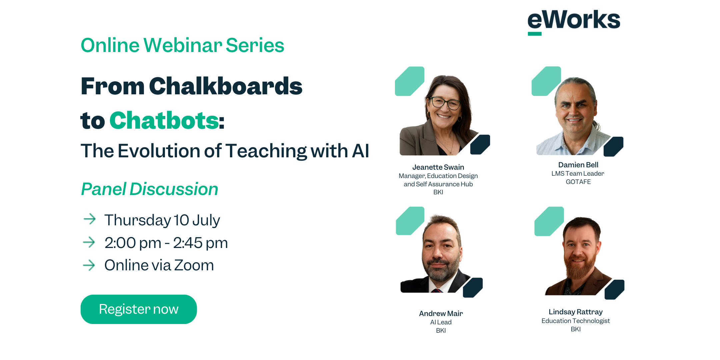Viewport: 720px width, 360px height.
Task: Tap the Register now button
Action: [x=139, y=309]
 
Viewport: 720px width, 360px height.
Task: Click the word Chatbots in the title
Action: [x=164, y=120]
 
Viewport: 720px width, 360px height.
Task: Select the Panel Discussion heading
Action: [x=150, y=189]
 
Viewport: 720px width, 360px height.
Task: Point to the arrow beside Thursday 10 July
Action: [x=89, y=219]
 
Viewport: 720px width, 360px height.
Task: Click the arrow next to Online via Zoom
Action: [x=89, y=265]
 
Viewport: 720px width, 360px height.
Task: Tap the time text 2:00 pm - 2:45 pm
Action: [x=166, y=243]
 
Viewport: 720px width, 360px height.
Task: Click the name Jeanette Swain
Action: [x=438, y=167]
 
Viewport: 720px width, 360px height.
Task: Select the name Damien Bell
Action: [x=578, y=165]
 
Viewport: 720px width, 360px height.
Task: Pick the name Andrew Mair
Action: [x=441, y=313]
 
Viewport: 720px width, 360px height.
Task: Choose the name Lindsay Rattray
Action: [x=576, y=312]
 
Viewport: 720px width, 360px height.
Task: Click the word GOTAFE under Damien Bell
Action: [x=578, y=182]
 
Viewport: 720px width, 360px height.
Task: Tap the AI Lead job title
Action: [x=441, y=322]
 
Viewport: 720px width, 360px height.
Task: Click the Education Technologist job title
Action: [x=576, y=321]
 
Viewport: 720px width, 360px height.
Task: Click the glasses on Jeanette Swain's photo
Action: [x=445, y=103]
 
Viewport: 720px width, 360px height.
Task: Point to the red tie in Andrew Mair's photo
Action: [x=437, y=291]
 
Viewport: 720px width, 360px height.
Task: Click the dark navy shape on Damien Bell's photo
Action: [x=613, y=146]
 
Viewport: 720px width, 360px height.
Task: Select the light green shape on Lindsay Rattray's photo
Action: [x=549, y=221]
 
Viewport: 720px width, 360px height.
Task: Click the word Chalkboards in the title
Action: [x=226, y=86]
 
